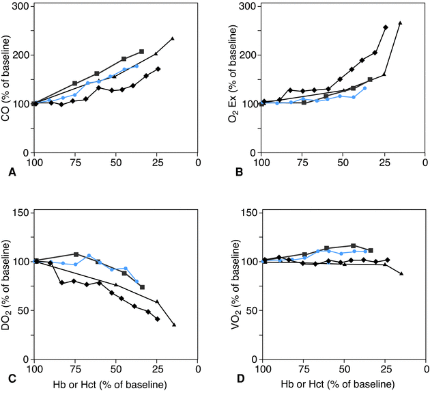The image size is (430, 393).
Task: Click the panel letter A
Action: click(12, 173)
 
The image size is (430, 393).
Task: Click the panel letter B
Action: click(239, 173)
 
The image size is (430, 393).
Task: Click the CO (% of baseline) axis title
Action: click(6, 79)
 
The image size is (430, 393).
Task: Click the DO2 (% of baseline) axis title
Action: click(6, 286)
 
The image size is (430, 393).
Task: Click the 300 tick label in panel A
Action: click(20, 7)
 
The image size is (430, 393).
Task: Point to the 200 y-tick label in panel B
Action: click(247, 55)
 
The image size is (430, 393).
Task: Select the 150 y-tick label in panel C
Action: click(20, 213)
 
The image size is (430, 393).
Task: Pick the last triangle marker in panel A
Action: click(173, 38)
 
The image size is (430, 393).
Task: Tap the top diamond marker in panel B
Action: click(386, 27)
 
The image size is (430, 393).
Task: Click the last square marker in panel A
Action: click(141, 51)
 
